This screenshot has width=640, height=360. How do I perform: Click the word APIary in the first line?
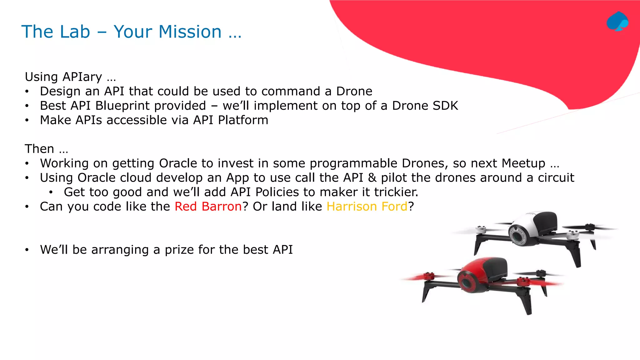(x=82, y=77)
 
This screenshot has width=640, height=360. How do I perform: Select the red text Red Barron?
(x=208, y=207)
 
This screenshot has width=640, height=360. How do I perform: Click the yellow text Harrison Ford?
(x=367, y=207)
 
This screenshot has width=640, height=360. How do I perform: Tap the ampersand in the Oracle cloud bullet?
(x=372, y=177)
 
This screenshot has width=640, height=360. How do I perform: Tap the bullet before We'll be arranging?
(x=27, y=250)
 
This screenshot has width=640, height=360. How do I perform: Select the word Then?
(x=39, y=149)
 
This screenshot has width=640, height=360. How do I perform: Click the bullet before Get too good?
(x=51, y=192)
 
